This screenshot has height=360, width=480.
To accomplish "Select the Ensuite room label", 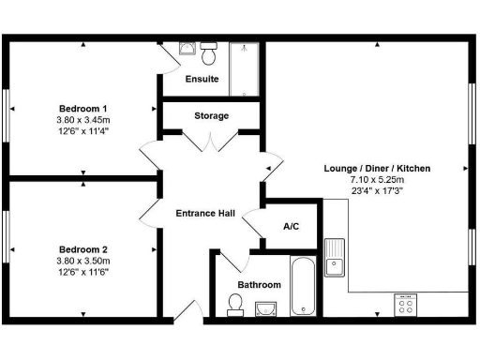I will (202, 79).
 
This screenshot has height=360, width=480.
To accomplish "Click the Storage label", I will (212, 115).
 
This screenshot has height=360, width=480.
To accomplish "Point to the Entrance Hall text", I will (205, 213).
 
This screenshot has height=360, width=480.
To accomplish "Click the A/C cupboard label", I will (292, 226).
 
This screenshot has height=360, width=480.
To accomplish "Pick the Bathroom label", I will (259, 284).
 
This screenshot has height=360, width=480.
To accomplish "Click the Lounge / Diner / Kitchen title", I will (377, 168).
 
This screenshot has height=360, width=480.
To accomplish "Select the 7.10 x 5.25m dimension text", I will (377, 179).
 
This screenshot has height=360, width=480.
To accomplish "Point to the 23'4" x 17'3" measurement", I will (377, 190).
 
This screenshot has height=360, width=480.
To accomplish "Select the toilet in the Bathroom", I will (235, 302).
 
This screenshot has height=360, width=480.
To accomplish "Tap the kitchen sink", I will (336, 259).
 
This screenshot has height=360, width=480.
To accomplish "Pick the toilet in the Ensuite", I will (210, 48).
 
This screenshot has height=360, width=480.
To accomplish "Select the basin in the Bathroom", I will (263, 307).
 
